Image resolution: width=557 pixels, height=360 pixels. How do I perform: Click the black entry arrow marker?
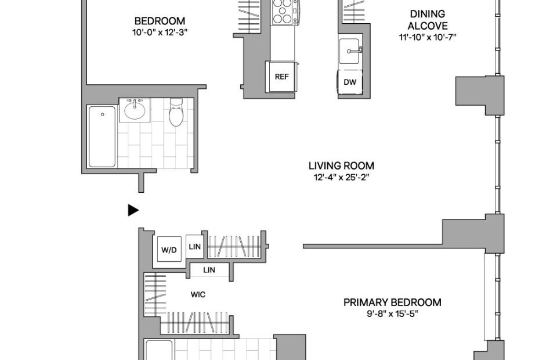tap(133, 210)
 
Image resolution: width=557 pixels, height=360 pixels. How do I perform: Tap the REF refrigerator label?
tap(282, 77)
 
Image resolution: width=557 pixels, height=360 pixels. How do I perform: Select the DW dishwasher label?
tap(350, 82)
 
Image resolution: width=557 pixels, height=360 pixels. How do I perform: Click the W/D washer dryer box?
tap(169, 249)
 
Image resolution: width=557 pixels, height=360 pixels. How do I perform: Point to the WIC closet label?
tap(198, 294)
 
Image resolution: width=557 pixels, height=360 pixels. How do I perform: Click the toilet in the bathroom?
tap(176, 112)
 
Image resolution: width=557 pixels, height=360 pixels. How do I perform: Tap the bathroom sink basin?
tap(135, 110)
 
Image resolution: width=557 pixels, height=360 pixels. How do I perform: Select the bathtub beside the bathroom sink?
tap(102, 136)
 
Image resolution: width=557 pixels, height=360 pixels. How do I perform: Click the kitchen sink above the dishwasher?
tap(349, 51)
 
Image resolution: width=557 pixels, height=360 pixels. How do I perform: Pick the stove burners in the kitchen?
tap(283, 12)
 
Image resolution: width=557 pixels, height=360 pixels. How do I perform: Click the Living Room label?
tap(341, 165)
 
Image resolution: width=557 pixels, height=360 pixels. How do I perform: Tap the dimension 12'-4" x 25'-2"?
tap(341, 177)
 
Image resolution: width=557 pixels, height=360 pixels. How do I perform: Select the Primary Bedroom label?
tap(393, 303)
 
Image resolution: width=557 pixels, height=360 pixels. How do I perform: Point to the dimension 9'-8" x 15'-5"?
tap(393, 314)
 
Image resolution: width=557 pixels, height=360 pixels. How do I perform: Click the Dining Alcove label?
tap(428, 20)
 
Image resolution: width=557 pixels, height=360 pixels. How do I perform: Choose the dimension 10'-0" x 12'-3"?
tap(160, 33)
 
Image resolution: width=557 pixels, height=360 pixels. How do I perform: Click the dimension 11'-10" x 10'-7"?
tap(428, 37)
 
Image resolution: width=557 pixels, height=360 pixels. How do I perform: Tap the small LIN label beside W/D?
tap(195, 246)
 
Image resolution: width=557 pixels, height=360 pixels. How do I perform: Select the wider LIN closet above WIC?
tap(209, 270)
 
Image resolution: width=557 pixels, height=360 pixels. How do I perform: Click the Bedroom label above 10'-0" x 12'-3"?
tap(160, 21)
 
